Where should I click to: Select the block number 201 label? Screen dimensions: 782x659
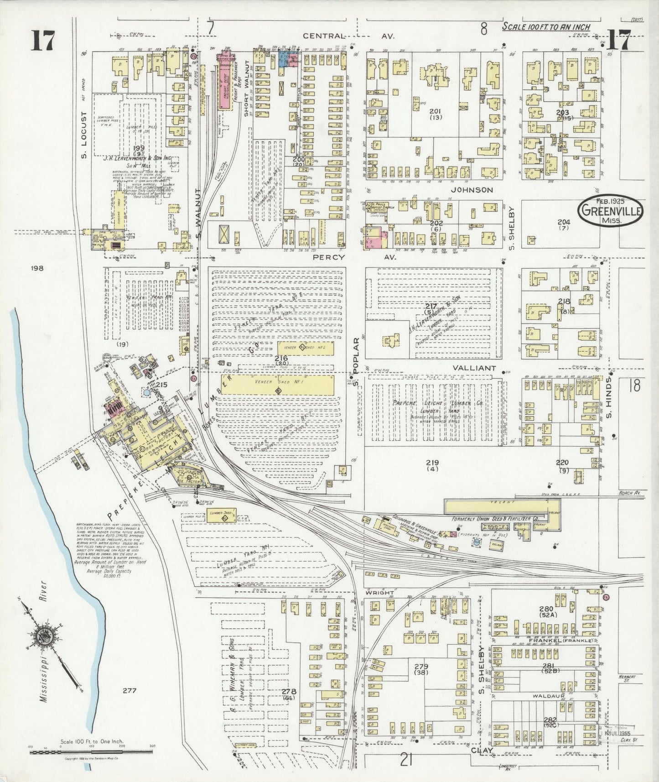pos(436,111)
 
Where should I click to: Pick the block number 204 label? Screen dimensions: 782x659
pos(564,222)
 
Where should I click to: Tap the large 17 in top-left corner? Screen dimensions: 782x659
pos(43,41)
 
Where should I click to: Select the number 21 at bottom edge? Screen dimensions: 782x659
pos(407,760)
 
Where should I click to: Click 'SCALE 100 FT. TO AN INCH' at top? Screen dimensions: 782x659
pos(546,27)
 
